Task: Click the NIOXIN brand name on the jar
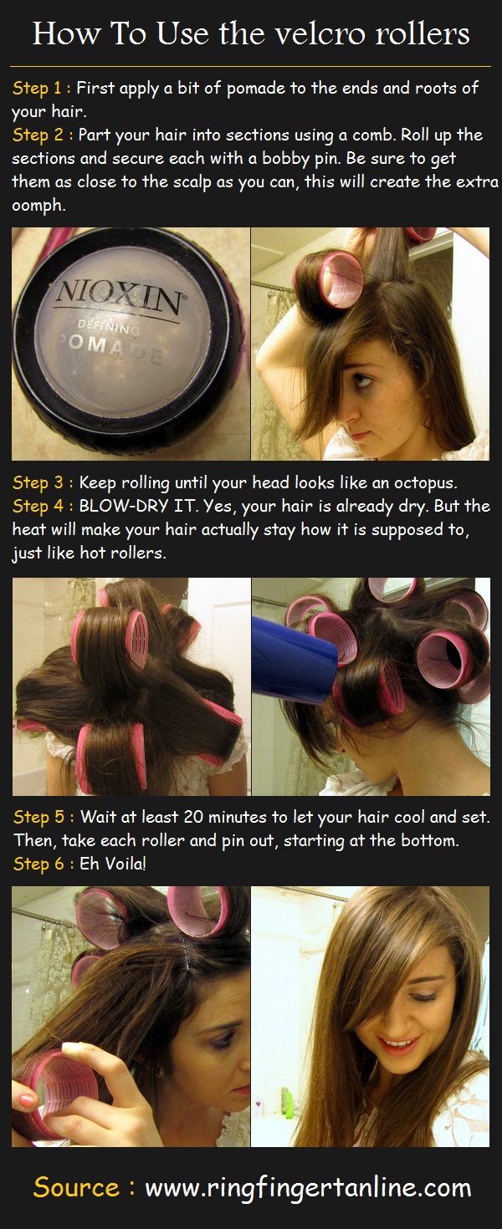(x=117, y=296)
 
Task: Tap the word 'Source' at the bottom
(x=76, y=1187)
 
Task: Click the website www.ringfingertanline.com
(x=308, y=1188)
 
